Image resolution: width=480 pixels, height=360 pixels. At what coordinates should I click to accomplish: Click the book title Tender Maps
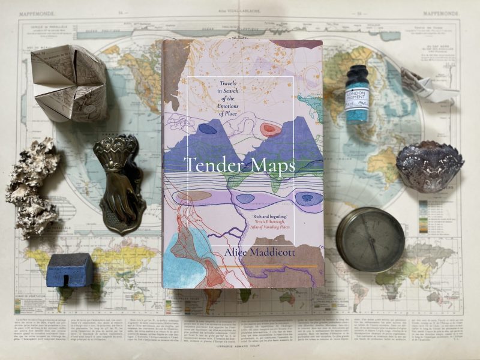(239, 164)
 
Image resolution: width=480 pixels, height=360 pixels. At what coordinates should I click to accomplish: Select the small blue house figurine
(70, 270)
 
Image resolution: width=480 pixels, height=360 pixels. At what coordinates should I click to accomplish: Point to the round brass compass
(370, 239)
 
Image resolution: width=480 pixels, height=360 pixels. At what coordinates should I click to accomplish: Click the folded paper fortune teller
(69, 82)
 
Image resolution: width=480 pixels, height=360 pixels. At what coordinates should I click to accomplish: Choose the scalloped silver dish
(430, 166)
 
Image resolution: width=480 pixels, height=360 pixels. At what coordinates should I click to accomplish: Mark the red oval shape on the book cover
(266, 130)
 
